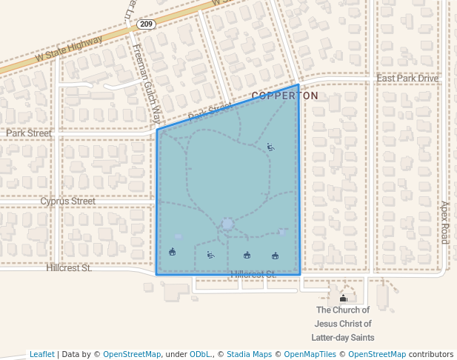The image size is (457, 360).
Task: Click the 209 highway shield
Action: pos(145,24)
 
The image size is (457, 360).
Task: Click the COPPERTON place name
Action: pos(285,96)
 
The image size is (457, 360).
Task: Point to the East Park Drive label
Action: pos(407,79)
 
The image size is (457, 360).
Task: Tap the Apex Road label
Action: pos(445,222)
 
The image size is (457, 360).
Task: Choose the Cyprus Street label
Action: pos(67,201)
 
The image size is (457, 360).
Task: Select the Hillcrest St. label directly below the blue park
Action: pos(253,275)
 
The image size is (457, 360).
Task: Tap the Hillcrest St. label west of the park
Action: pos(68,268)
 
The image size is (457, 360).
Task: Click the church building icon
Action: pos(343,299)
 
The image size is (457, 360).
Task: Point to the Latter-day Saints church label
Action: pos(342,324)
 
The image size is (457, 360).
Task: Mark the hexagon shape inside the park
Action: pos(227,224)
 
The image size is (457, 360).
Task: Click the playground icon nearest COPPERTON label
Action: pos(270,147)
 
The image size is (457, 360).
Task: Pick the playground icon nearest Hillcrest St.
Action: pos(210,256)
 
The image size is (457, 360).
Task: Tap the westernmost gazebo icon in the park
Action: pos(173,252)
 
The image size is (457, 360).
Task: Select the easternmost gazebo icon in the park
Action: pos(275,256)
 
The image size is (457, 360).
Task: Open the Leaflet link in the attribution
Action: pos(42,355)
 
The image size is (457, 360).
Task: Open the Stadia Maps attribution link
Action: pos(248,355)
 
